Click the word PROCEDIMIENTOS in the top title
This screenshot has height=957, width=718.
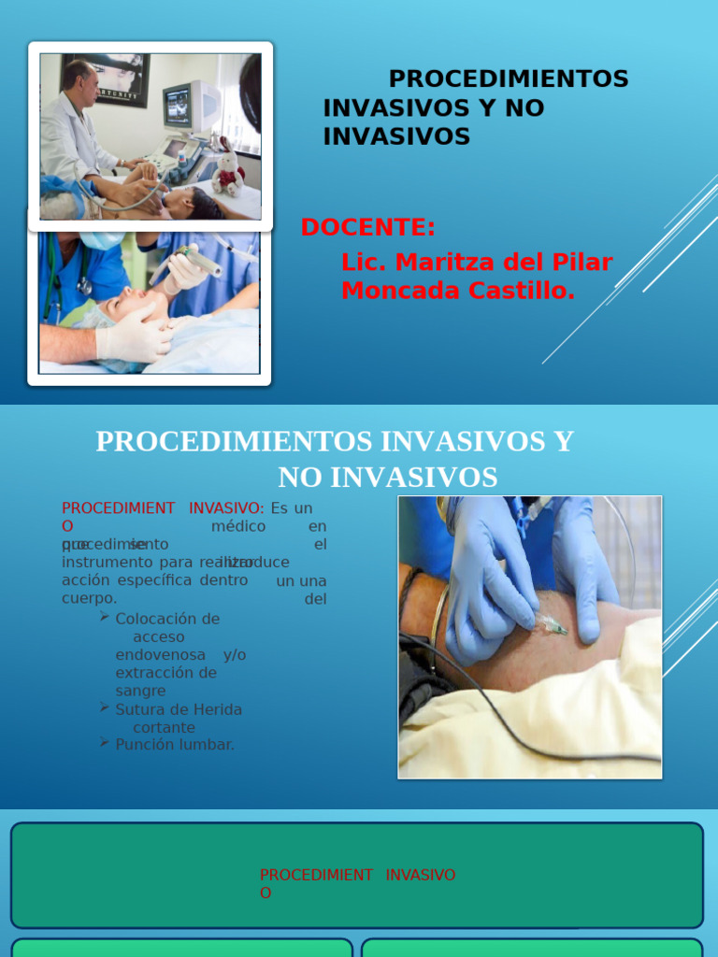pyautogui.click(x=509, y=79)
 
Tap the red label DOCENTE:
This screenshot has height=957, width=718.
pyautogui.click(x=368, y=227)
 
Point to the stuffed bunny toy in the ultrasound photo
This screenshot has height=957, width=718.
pyautogui.click(x=227, y=169)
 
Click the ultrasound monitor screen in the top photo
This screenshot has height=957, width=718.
pyautogui.click(x=178, y=106)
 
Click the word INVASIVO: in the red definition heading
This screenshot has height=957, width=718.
pyautogui.click(x=226, y=508)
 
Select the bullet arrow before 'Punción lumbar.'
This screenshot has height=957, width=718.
pyautogui.click(x=105, y=742)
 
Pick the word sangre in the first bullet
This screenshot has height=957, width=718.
pyautogui.click(x=140, y=691)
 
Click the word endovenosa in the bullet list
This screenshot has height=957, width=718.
pyautogui.click(x=160, y=655)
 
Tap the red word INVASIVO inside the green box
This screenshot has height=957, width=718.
pyautogui.click(x=421, y=875)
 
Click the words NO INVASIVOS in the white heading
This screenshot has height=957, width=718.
pyautogui.click(x=387, y=478)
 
